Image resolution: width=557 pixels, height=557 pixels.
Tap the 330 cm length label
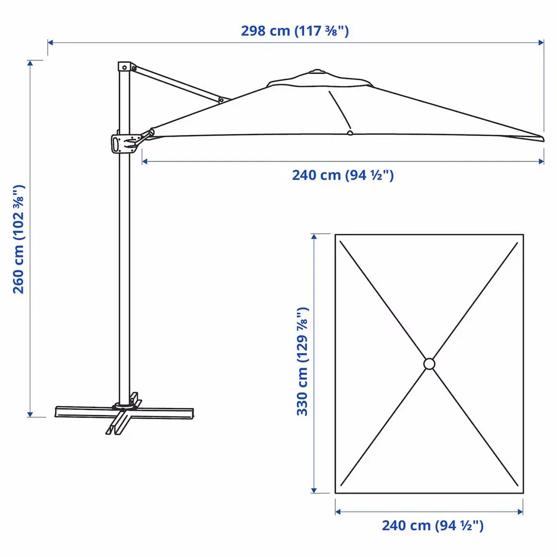tap(303, 362)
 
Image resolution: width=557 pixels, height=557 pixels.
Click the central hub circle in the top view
tap(429, 364)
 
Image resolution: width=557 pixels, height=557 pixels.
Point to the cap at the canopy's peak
tap(316, 72)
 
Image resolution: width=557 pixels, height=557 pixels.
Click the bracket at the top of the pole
tap(125, 67)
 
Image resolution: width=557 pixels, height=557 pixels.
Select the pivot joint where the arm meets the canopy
tap(221, 100)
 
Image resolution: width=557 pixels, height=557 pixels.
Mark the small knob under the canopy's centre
tap(350, 133)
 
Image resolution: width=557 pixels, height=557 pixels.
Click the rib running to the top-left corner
tap(382, 299)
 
